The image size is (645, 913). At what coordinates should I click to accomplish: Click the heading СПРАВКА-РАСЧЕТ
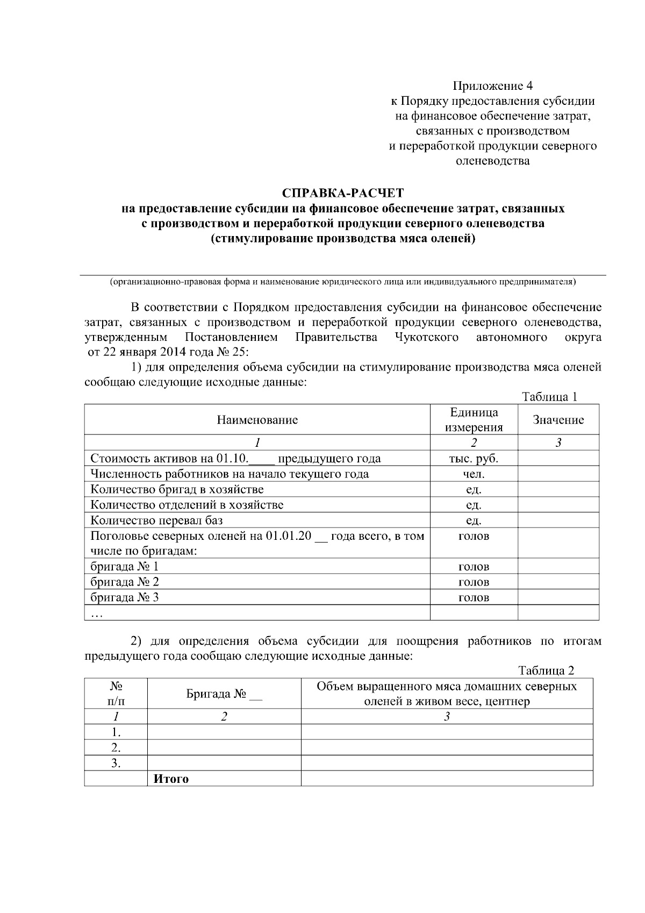pos(342,192)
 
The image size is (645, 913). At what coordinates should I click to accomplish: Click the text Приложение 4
pos(492,86)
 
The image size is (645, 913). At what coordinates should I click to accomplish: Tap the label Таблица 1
pos(549,397)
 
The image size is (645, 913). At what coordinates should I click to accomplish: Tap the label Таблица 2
pos(546,671)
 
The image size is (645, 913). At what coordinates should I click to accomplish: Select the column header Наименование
pos(257,420)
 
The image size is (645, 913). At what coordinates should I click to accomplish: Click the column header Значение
pos(558,420)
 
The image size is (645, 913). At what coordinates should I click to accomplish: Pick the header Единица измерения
pos(474,420)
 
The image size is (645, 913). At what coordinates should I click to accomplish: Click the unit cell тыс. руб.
pos(474,459)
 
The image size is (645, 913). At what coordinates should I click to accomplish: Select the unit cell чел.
pos(474,474)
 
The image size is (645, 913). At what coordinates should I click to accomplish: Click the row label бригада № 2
pos(125,582)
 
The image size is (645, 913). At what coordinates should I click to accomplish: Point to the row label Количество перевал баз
pos(156,520)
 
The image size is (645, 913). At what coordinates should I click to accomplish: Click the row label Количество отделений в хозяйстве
pos(187,505)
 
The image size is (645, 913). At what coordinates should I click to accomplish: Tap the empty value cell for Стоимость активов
pos(558,459)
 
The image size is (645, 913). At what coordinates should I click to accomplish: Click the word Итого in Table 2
pos(171,779)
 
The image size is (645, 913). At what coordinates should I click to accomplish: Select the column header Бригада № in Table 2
pos(224,694)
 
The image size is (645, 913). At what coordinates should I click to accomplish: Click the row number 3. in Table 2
pos(116,763)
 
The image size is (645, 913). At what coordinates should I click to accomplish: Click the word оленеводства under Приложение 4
pos(492,161)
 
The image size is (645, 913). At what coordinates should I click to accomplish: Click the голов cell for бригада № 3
pos(474,597)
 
